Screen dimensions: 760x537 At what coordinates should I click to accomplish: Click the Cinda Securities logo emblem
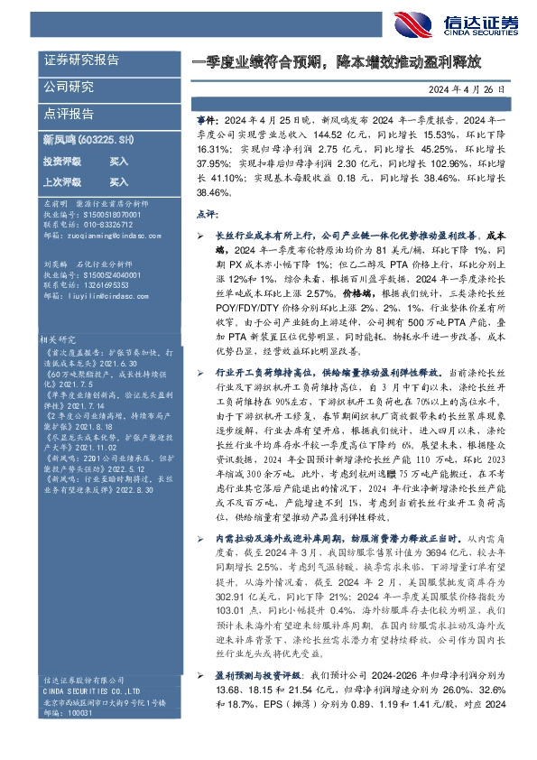(412, 24)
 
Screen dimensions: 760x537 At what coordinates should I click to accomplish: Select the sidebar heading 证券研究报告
(81, 60)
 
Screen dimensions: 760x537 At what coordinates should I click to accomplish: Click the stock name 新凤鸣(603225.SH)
(88, 140)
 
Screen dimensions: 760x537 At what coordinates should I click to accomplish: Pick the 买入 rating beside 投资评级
(118, 160)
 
